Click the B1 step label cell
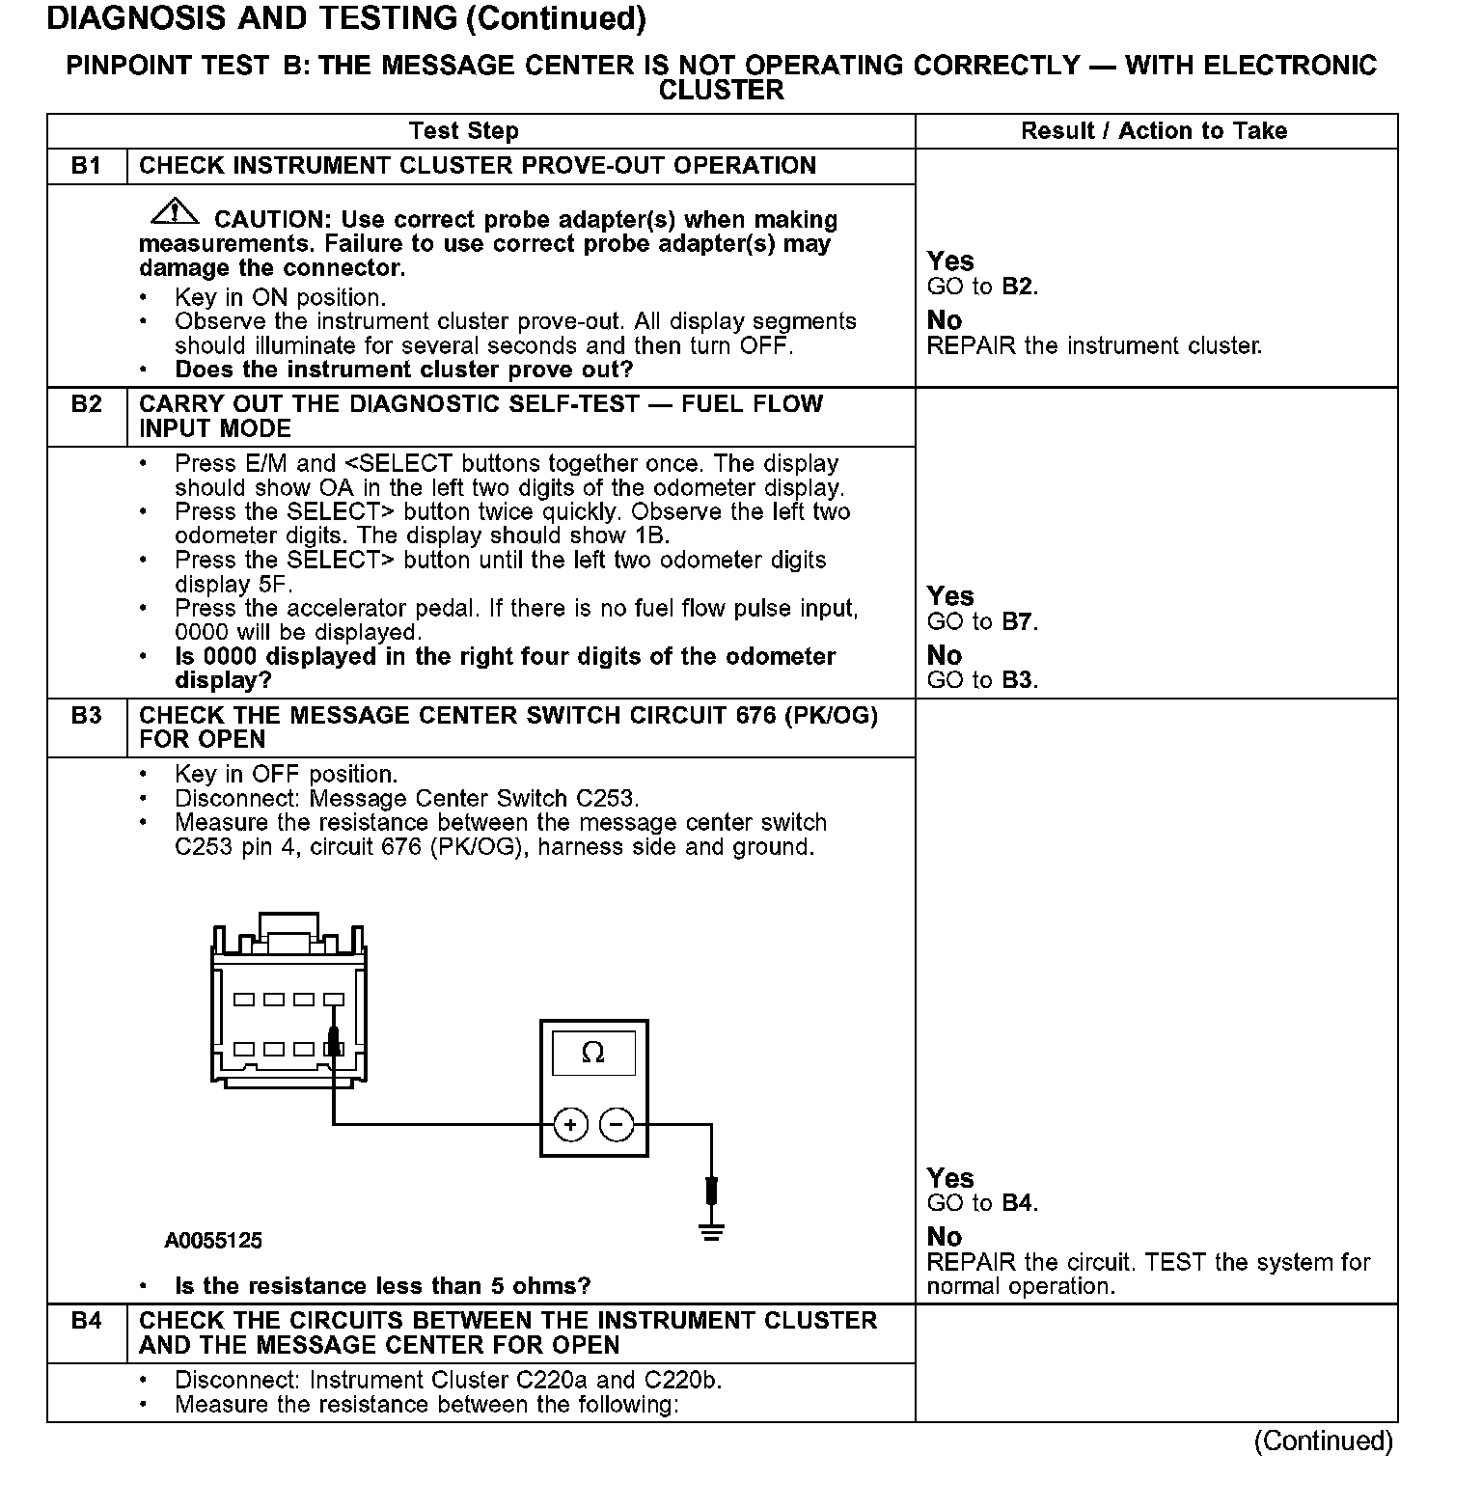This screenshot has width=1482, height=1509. point(87,166)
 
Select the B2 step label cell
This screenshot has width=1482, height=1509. point(87,404)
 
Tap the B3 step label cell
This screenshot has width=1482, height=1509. point(87,716)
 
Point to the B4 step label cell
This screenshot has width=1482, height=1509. point(87,1321)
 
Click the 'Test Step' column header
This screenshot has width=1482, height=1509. point(463,131)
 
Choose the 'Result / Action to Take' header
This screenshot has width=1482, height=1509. point(1154,131)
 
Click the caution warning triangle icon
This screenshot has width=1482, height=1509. point(174,210)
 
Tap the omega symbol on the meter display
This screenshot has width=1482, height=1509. point(593,1053)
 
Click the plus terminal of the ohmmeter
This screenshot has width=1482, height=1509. point(570,1124)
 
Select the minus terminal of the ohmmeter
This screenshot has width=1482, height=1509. point(617,1124)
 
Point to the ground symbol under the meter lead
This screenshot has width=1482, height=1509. point(712,1231)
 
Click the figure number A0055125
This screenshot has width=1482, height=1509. point(213,1241)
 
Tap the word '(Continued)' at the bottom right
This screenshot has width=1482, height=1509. point(1323,1441)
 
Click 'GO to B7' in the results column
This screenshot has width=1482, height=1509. point(982,622)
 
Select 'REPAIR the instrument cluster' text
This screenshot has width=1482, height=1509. point(1094,345)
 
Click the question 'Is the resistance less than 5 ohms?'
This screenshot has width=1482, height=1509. point(382,1286)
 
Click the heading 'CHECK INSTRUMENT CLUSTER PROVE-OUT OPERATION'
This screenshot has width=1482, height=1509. point(478,166)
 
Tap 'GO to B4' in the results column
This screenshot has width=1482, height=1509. point(982,1203)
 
